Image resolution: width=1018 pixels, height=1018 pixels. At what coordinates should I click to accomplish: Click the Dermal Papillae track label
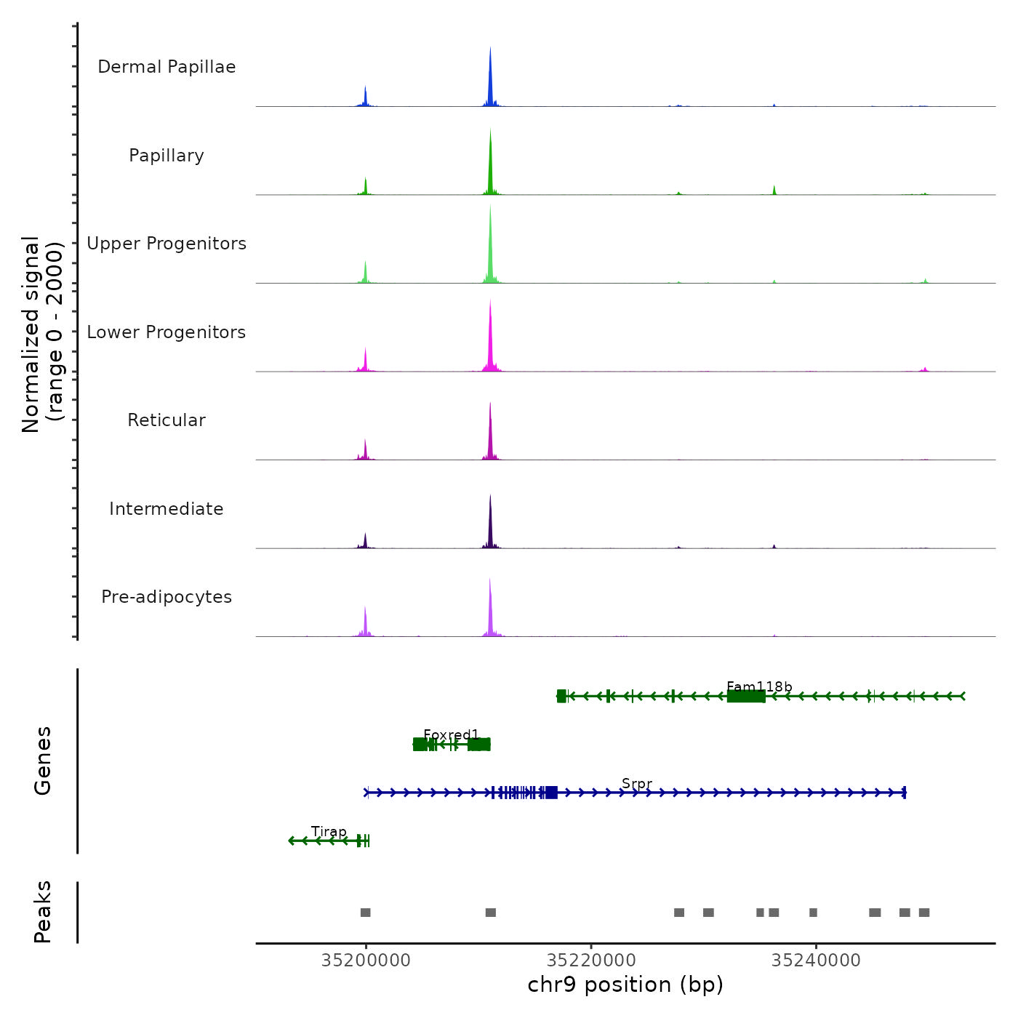(167, 67)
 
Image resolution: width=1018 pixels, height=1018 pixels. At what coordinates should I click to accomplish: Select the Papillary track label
(167, 156)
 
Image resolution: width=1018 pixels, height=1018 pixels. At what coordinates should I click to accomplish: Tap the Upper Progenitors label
(167, 244)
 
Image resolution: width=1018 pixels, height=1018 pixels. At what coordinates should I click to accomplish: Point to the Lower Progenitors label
(167, 332)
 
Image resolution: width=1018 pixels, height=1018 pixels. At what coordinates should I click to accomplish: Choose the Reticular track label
(167, 420)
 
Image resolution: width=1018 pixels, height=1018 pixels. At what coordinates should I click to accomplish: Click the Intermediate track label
(167, 509)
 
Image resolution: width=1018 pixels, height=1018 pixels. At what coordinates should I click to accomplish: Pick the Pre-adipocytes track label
(167, 597)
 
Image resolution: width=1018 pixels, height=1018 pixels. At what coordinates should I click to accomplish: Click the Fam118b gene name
(759, 687)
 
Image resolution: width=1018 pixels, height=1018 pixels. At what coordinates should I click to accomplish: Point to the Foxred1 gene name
(451, 735)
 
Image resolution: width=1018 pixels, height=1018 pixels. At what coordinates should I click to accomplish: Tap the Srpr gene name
(637, 784)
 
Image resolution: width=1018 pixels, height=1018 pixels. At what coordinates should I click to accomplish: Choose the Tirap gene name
(329, 832)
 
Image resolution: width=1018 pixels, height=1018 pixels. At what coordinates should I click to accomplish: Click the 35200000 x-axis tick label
(366, 961)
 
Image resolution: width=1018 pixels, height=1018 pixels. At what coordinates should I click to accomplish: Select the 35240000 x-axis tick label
(816, 961)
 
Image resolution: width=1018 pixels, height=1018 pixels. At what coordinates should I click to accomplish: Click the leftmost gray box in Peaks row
(365, 913)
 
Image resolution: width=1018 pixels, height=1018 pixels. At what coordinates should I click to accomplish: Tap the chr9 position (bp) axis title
(625, 985)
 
